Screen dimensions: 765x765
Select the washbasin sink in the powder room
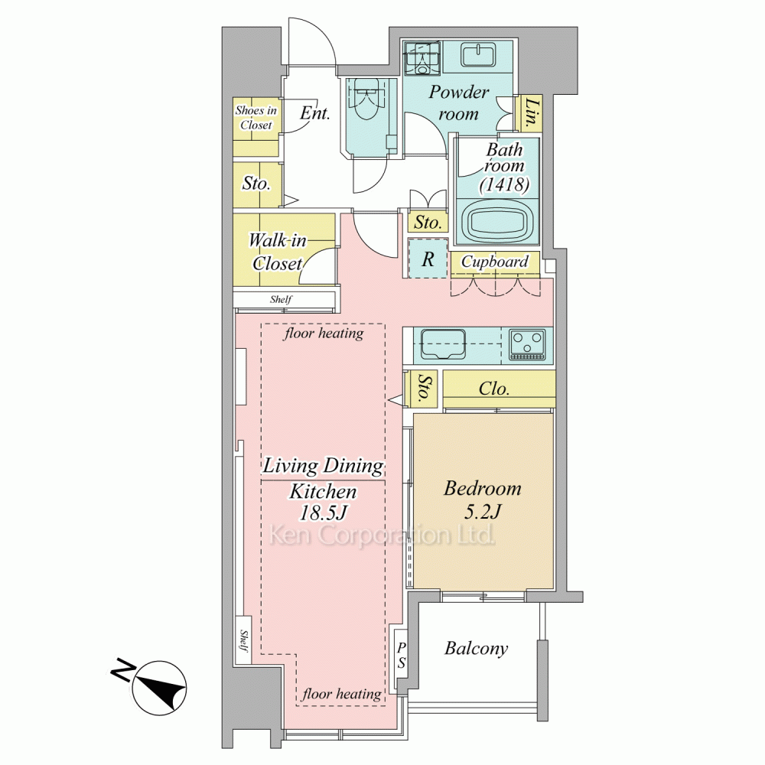tap(479, 54)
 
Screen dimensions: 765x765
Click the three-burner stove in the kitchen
tap(527, 345)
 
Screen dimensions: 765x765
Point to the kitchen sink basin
tap(443, 344)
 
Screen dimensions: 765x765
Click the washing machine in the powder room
tap(422, 57)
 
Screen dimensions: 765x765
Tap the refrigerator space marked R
tap(428, 259)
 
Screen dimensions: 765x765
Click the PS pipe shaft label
tap(401, 656)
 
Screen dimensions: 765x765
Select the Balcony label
tap(476, 649)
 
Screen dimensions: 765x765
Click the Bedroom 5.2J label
tap(482, 500)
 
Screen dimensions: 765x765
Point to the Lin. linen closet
tap(532, 114)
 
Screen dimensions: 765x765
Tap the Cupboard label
tap(495, 262)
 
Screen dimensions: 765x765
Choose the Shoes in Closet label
tap(256, 118)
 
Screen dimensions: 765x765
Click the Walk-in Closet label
tap(277, 252)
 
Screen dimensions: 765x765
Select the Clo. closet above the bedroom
tap(499, 389)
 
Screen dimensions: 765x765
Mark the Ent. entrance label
tap(314, 114)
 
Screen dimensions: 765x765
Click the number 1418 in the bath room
tap(504, 184)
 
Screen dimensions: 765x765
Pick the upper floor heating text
tap(324, 334)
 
